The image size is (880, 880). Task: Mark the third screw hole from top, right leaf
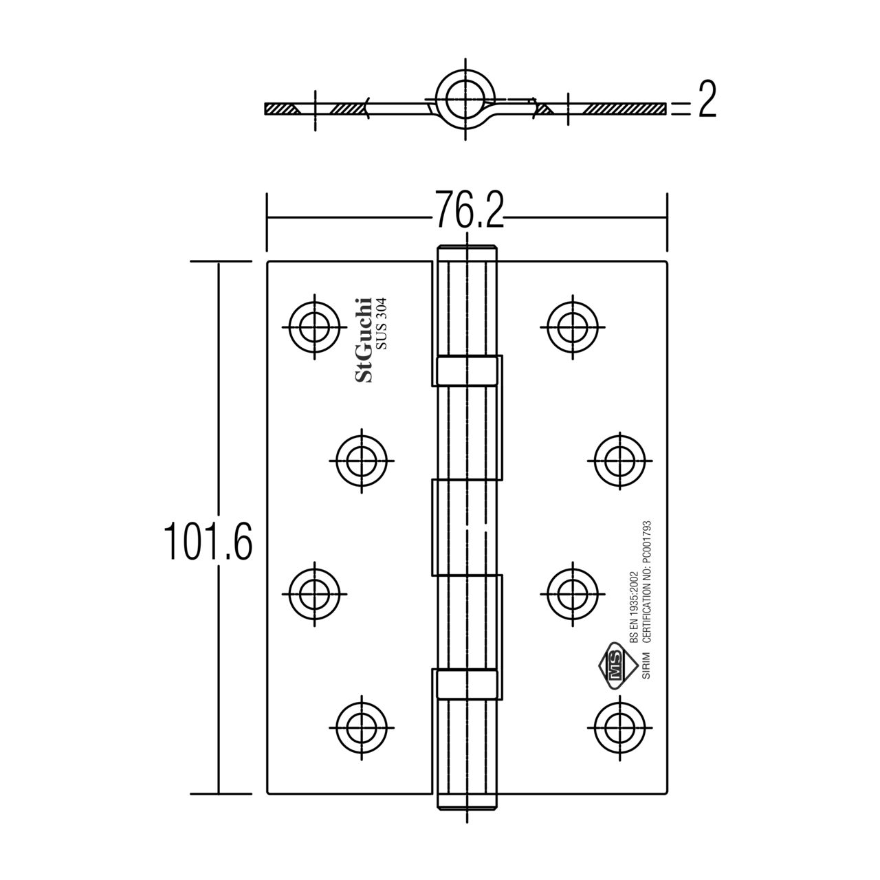point(572,590)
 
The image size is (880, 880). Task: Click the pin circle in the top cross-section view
point(465,98)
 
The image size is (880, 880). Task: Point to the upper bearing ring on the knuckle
point(465,370)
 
